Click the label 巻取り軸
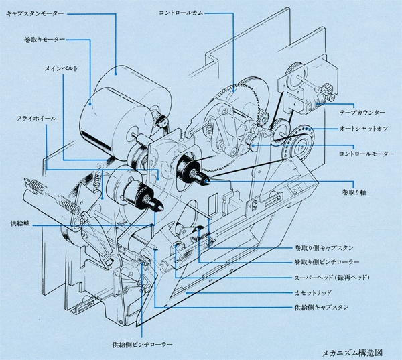coord(354,192)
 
